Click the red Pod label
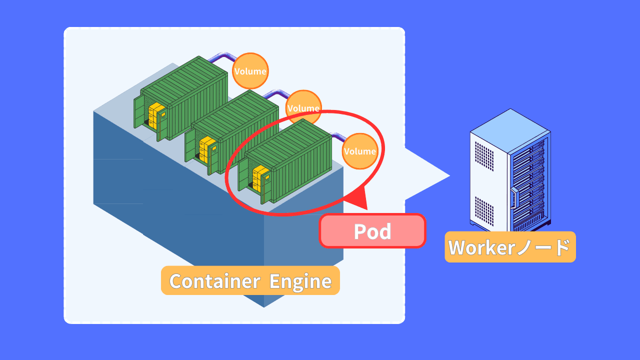(x=372, y=231)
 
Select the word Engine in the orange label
(x=300, y=281)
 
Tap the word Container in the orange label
(x=214, y=281)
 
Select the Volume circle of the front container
(x=360, y=151)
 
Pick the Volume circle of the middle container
(x=303, y=107)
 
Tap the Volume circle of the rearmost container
(x=250, y=71)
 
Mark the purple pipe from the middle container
(x=275, y=93)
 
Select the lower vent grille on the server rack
(x=484, y=210)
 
